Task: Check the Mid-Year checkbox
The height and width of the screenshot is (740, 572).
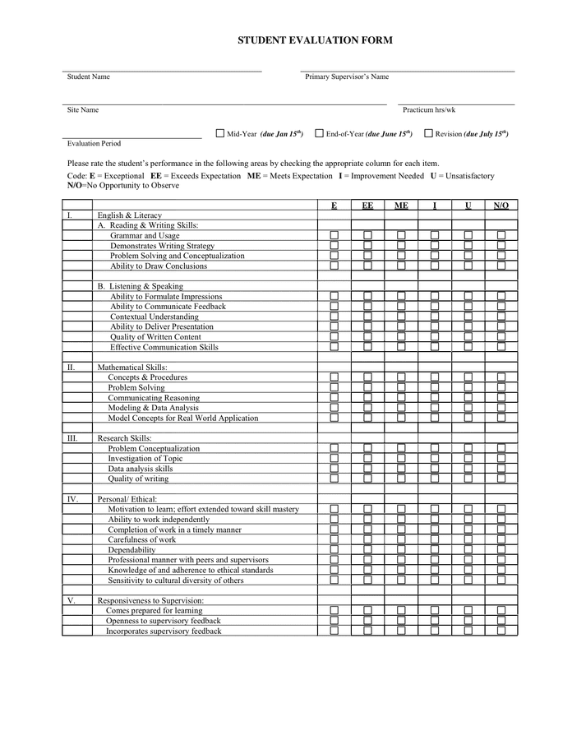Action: tap(220, 133)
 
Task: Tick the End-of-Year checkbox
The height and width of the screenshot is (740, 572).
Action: tap(319, 133)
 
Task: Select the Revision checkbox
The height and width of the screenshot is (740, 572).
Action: tap(428, 133)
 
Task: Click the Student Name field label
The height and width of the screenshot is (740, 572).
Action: tap(89, 76)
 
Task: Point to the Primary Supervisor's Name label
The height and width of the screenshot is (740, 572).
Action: tap(347, 76)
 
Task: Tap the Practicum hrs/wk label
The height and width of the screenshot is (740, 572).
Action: tap(429, 109)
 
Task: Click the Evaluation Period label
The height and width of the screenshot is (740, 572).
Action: tap(94, 143)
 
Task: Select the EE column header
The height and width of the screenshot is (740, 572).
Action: tap(367, 206)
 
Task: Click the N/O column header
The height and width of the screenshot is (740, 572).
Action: tap(501, 206)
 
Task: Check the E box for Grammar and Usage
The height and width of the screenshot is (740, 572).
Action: tap(334, 236)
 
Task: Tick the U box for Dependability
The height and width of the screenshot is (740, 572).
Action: tap(468, 550)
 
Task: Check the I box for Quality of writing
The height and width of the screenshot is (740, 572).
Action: tap(434, 479)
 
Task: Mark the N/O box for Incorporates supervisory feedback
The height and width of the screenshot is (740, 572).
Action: tap(501, 631)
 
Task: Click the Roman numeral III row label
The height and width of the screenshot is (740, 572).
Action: tap(73, 438)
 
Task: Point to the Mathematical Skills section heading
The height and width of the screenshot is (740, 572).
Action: tap(132, 368)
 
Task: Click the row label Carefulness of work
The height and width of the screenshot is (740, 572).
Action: tap(142, 539)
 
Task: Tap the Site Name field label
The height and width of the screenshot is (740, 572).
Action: tap(83, 109)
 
